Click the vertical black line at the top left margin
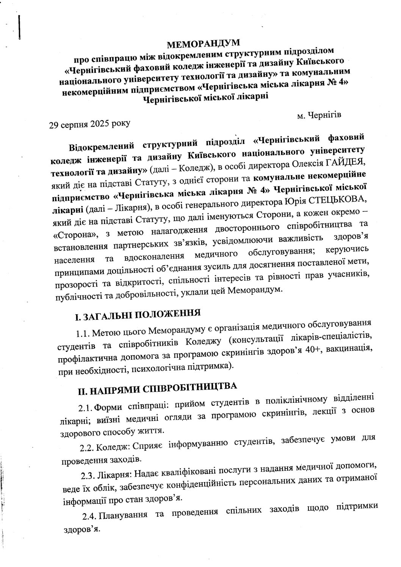[x=19, y=27]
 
